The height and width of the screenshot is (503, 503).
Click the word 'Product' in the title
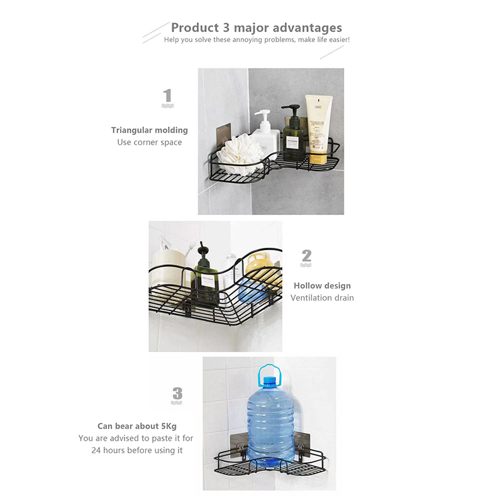click(195, 28)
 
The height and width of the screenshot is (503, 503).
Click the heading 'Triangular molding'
click(150, 130)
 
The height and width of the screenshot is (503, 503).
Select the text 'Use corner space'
click(150, 142)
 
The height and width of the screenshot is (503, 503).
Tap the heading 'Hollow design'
click(322, 285)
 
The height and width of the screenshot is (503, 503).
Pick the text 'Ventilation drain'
click(322, 297)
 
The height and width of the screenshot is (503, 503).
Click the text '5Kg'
click(169, 426)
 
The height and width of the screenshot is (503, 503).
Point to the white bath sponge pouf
click(242, 154)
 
